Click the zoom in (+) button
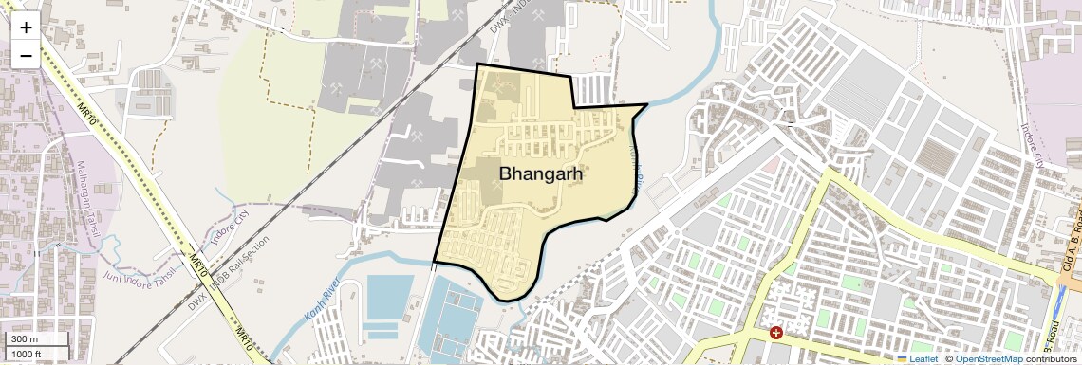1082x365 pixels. tap(26, 27)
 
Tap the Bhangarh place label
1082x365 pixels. tap(540, 174)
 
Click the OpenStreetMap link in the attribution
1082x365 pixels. tap(988, 358)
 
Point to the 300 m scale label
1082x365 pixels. tap(25, 339)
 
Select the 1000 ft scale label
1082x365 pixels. tap(28, 354)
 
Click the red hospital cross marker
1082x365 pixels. tap(776, 333)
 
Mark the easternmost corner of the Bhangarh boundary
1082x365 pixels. tap(647, 105)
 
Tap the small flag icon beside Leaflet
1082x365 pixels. tap(903, 358)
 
